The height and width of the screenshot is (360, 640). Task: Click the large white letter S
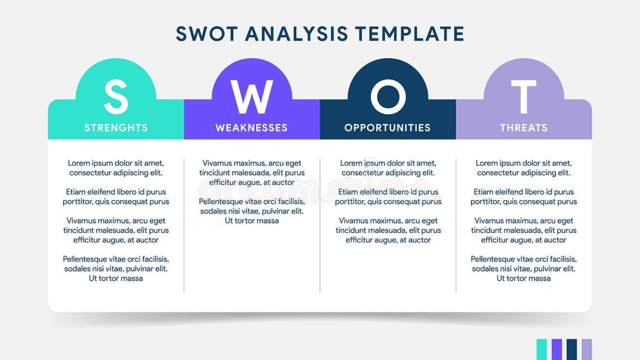click(116, 97)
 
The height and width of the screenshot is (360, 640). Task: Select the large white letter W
click(252, 97)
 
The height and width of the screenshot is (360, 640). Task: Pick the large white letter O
click(388, 97)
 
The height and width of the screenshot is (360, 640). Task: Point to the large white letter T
click(523, 97)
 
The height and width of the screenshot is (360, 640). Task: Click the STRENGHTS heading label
click(116, 128)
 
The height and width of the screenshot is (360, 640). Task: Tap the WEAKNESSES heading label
click(252, 128)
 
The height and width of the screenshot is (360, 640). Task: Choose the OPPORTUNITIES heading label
click(388, 128)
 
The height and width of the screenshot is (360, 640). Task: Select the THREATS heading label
click(523, 128)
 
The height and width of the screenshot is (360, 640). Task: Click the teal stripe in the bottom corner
click(542, 349)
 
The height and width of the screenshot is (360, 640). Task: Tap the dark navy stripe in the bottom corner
click(572, 349)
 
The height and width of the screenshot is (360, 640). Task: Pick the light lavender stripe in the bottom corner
click(586, 349)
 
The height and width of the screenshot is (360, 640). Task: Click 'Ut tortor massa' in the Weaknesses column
click(252, 221)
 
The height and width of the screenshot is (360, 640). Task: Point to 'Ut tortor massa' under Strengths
click(116, 279)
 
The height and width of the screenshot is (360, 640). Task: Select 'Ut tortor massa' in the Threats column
click(523, 279)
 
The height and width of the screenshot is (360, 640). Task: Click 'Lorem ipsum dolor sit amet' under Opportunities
click(388, 163)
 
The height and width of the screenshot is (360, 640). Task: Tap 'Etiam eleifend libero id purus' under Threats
click(523, 192)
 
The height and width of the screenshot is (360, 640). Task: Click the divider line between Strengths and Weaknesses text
click(184, 226)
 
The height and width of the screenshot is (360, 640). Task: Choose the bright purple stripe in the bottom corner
click(557, 349)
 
